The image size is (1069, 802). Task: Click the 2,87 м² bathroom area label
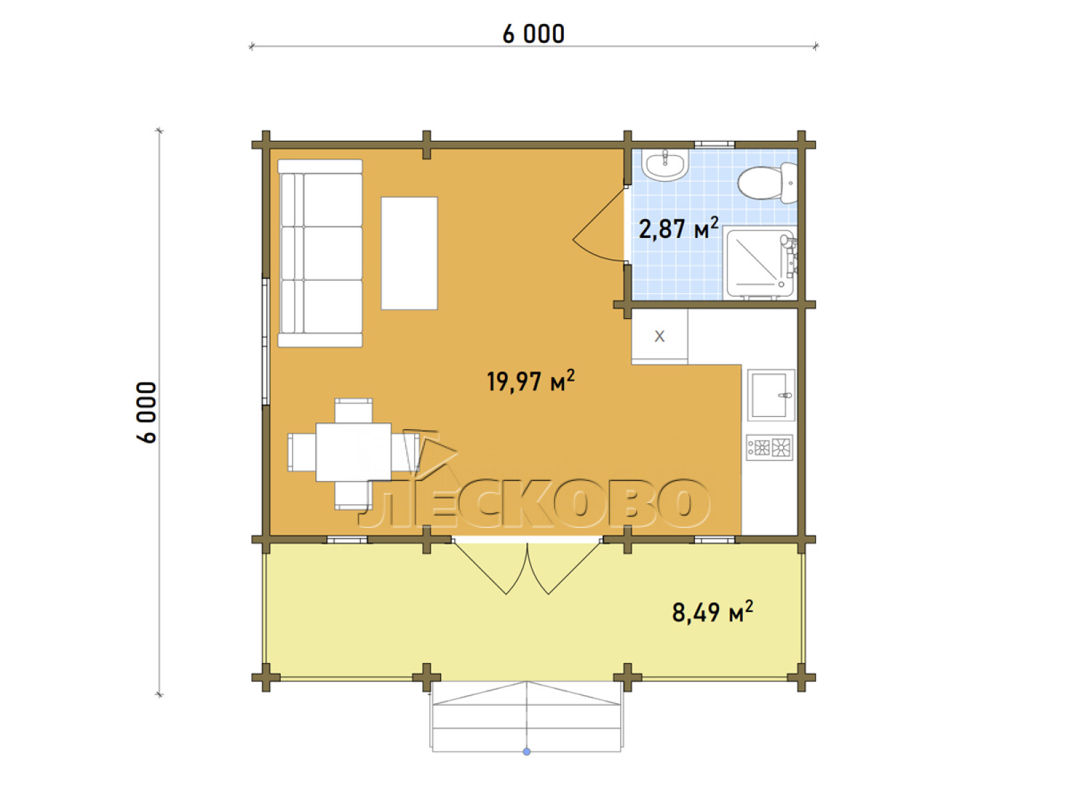[x=678, y=229]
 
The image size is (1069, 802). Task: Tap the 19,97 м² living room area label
[x=531, y=381]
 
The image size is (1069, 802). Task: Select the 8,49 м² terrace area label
[x=712, y=612]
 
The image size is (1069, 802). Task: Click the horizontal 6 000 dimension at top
[x=533, y=34]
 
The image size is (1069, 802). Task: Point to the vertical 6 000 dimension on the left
[x=146, y=412]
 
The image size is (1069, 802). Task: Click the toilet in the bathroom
[x=767, y=182]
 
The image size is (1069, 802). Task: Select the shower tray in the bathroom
[x=761, y=263]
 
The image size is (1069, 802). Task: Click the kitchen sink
[x=771, y=394]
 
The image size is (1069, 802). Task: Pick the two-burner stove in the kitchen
[x=770, y=447]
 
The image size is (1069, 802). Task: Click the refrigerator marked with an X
[x=659, y=336]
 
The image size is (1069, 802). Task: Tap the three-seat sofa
[x=320, y=253]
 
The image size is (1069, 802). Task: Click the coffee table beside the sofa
[x=409, y=253]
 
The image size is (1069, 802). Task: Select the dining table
[x=353, y=452]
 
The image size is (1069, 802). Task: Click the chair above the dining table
[x=353, y=410]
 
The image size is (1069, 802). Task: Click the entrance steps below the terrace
[x=526, y=716]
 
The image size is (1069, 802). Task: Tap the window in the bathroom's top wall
[x=714, y=144]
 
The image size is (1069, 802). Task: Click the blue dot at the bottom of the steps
[x=526, y=752]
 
